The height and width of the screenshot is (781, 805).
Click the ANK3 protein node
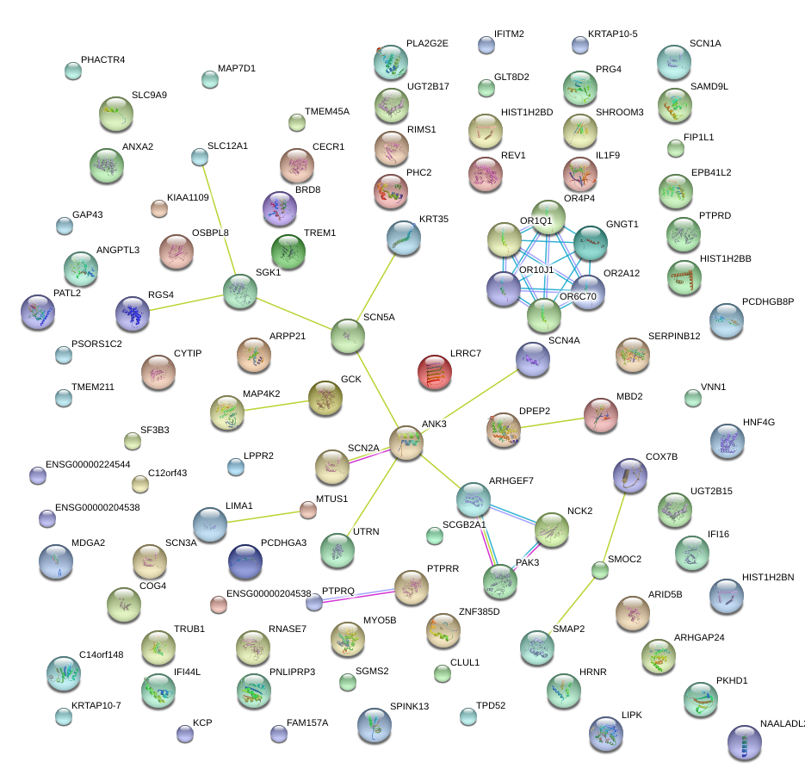(406, 441)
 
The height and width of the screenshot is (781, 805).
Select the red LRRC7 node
(434, 370)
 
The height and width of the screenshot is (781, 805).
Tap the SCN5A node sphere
(347, 334)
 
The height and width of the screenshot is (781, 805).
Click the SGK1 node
(239, 291)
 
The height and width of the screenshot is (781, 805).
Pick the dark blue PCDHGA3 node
(245, 561)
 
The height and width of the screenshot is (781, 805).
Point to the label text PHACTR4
(102, 60)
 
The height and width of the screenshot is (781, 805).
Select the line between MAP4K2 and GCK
(276, 406)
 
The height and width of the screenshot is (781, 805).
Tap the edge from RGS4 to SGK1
(187, 303)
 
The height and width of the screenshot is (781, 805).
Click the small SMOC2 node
(599, 569)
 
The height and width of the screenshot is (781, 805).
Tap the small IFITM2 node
(485, 45)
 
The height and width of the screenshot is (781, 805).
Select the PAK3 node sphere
(500, 582)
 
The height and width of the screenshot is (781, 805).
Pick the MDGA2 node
(56, 561)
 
